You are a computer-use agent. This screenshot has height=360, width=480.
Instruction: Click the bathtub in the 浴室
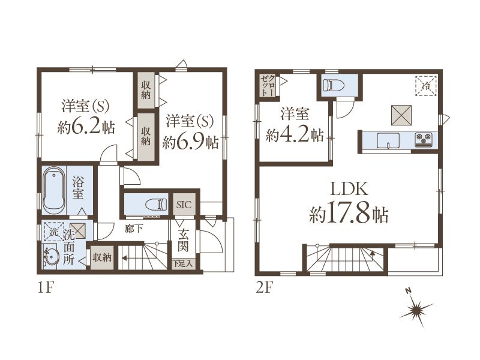point(54,190)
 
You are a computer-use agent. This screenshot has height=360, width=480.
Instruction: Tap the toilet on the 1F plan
point(156,204)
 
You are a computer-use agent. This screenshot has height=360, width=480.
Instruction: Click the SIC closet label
point(184,205)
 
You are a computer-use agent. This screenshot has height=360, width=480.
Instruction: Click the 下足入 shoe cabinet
point(183,263)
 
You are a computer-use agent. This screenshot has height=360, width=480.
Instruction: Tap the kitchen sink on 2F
point(388,140)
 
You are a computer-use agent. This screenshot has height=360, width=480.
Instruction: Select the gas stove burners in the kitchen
point(424,139)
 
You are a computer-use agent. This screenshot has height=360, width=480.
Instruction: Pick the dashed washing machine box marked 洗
point(54,232)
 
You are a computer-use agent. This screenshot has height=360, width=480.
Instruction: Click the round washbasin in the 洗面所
point(50,256)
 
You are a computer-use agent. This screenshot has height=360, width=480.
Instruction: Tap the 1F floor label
point(46,288)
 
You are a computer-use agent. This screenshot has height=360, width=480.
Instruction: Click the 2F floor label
point(264,288)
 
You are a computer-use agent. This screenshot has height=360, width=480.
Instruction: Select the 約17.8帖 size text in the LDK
point(349,214)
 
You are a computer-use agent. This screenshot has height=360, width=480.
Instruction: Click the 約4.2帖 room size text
point(295,134)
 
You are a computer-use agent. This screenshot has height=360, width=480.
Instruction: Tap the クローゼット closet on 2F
point(268,85)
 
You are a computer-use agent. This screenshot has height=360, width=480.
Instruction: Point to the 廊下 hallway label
point(134,229)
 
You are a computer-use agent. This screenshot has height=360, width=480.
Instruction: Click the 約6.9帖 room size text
point(190,142)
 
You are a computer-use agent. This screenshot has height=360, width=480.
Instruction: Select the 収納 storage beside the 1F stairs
point(102,258)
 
